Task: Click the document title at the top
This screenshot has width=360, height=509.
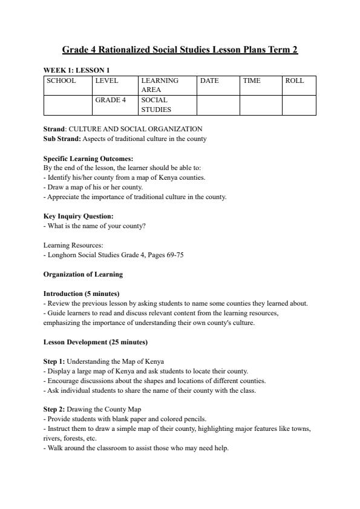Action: click(180, 50)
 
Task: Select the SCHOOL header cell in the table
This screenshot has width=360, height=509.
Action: click(61, 80)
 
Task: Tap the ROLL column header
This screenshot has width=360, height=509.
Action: click(295, 80)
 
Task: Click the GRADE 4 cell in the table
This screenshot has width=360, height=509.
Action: click(110, 100)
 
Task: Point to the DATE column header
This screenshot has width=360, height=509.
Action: click(209, 80)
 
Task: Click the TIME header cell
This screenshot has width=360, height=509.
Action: click(252, 80)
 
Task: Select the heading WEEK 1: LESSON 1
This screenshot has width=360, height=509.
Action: click(76, 70)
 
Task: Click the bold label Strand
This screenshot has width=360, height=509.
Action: click(54, 129)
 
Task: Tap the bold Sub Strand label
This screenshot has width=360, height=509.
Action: click(62, 139)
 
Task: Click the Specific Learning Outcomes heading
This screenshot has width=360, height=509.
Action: click(88, 159)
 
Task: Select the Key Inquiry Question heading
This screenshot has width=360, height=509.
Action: click(78, 216)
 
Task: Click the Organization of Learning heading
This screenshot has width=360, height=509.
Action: click(83, 274)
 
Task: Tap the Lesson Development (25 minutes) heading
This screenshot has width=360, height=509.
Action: click(95, 342)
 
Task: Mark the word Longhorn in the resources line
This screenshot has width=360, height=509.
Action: click(61, 255)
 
